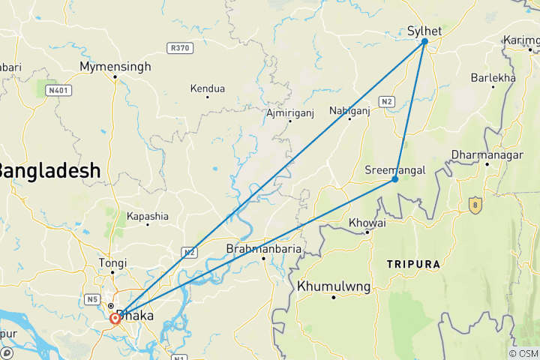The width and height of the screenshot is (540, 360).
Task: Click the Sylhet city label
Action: tap(424, 30)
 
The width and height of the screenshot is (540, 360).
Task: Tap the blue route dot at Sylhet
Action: tap(424, 41)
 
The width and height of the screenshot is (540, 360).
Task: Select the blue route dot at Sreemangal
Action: tap(394, 179)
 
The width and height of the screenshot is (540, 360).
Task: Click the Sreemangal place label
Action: tap(395, 169)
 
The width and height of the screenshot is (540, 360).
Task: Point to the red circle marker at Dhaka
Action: tap(115, 318)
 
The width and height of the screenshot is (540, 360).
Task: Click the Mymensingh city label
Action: tap(115, 67)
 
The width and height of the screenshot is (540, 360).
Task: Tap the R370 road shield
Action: tap(180, 47)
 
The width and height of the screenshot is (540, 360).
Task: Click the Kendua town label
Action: tap(208, 88)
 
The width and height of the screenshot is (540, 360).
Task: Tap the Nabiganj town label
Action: tap(350, 111)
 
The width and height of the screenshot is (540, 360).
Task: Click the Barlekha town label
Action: tap(493, 78)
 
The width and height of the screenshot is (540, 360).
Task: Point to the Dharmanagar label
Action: tap(486, 155)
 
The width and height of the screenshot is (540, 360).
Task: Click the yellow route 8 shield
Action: tap(474, 204)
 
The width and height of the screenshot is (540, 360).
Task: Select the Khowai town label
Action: tap(367, 223)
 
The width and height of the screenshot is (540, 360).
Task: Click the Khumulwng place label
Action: tap(334, 286)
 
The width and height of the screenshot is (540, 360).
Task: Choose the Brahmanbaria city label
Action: tap(265, 249)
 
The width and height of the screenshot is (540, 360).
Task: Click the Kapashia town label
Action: tap(148, 216)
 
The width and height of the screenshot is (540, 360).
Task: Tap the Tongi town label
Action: tap(113, 263)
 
